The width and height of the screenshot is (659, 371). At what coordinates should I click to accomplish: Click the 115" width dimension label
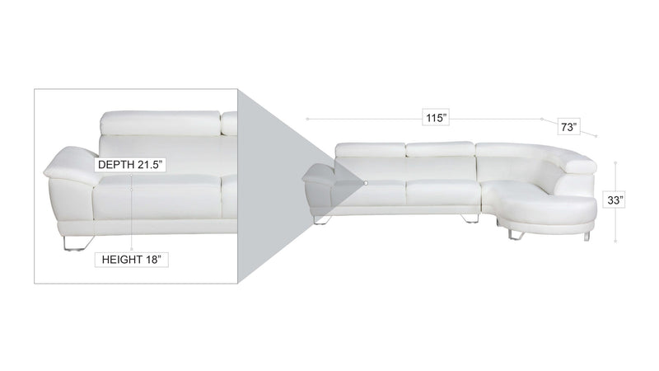[x=436, y=117]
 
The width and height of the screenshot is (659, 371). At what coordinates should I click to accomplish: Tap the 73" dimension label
[x=568, y=127]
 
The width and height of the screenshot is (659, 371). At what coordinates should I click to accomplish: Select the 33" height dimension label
[x=615, y=200]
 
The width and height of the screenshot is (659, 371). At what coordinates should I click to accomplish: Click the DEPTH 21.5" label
[x=130, y=164]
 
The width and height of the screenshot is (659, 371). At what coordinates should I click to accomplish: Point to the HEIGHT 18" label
[x=131, y=260]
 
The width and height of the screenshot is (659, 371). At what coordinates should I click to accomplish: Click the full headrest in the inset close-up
[x=160, y=123]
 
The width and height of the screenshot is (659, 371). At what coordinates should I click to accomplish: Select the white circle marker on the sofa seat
[x=366, y=183]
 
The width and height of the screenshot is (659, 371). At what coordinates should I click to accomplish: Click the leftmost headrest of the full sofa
[x=370, y=150]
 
